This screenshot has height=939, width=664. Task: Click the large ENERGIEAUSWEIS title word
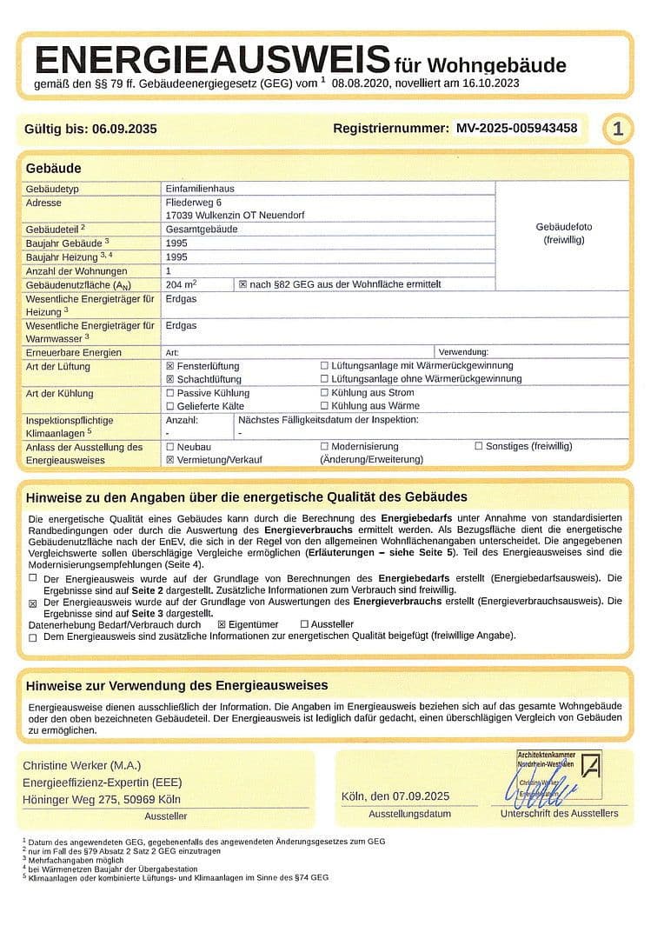[211, 61]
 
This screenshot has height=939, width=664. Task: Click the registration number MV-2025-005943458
[516, 129]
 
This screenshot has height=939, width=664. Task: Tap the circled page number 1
[618, 130]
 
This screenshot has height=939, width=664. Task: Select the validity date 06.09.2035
[123, 129]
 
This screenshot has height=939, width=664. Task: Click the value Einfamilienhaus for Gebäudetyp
[200, 189]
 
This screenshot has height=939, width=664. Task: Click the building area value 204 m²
[181, 284]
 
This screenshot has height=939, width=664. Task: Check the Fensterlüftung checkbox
[170, 366]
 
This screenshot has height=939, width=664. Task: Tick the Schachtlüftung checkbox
[170, 379]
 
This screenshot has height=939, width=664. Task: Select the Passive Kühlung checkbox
[170, 393]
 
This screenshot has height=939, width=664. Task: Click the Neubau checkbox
[170, 446]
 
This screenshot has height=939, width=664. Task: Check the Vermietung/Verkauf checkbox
[170, 459]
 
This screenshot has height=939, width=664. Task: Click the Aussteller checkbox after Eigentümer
[304, 623]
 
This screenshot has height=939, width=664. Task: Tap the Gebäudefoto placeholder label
[563, 233]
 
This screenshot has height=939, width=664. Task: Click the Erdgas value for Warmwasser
[181, 325]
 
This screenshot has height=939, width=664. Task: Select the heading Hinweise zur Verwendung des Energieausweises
[176, 685]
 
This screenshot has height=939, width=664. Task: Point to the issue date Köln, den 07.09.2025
[396, 796]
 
